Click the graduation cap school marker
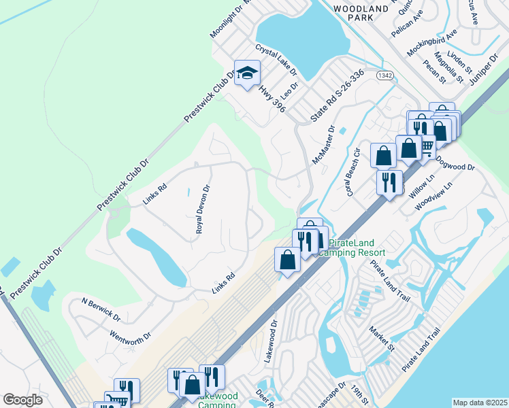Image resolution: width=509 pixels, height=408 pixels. tap(248, 73)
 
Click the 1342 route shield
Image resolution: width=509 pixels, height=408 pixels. tap(384, 75)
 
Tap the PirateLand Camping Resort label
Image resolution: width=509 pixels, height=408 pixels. tap(357, 248)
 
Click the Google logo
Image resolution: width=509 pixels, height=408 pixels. tap(22, 400)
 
